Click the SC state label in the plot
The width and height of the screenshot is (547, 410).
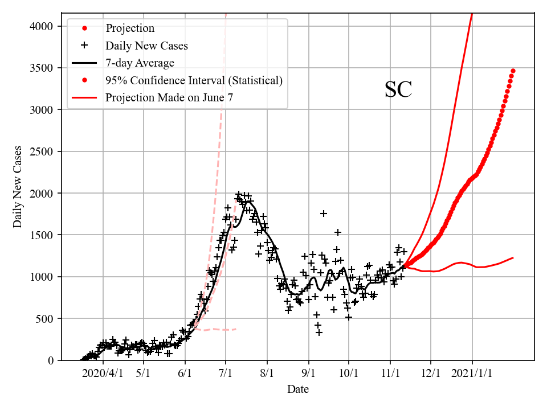point(398,90)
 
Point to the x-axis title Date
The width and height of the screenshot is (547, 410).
point(298,389)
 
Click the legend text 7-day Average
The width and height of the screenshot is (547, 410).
point(140,63)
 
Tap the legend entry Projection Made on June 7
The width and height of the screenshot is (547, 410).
point(169,97)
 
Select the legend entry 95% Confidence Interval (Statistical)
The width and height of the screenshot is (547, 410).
point(194,80)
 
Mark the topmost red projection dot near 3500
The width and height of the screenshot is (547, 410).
point(513,71)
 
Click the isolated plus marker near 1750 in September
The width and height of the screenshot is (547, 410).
point(324,214)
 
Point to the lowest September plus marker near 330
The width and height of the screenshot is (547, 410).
point(319,332)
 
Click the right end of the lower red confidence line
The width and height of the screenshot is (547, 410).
point(513,258)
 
